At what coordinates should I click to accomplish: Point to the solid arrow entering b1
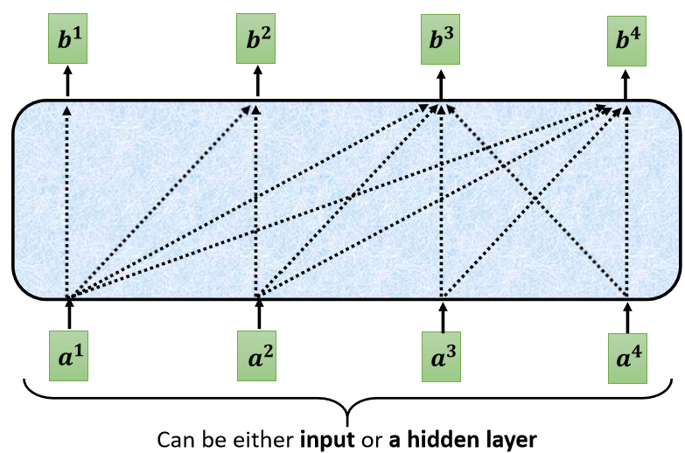click(67, 84)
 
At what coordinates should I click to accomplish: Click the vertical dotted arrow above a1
click(67, 201)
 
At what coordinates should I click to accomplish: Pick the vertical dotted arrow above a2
click(256, 201)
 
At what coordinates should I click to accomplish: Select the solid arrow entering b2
click(257, 84)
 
